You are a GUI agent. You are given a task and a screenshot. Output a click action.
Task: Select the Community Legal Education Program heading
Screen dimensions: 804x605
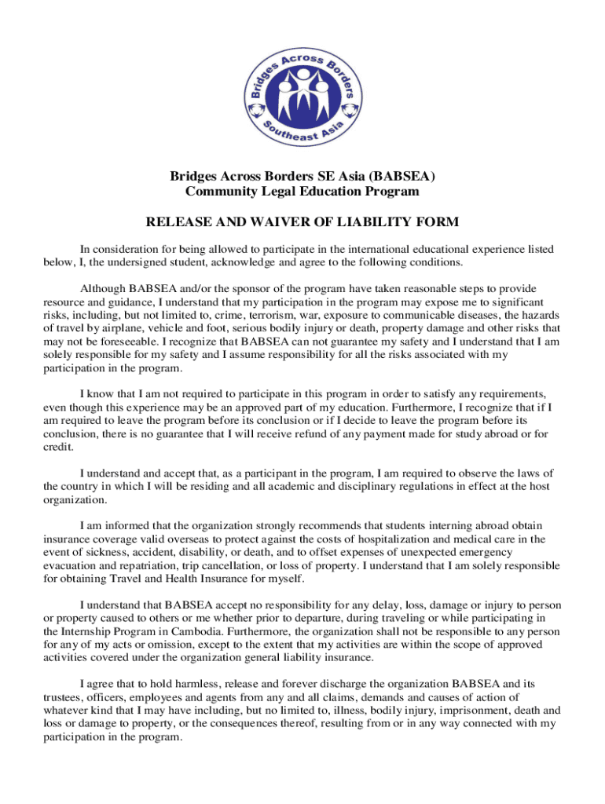(x=302, y=191)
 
